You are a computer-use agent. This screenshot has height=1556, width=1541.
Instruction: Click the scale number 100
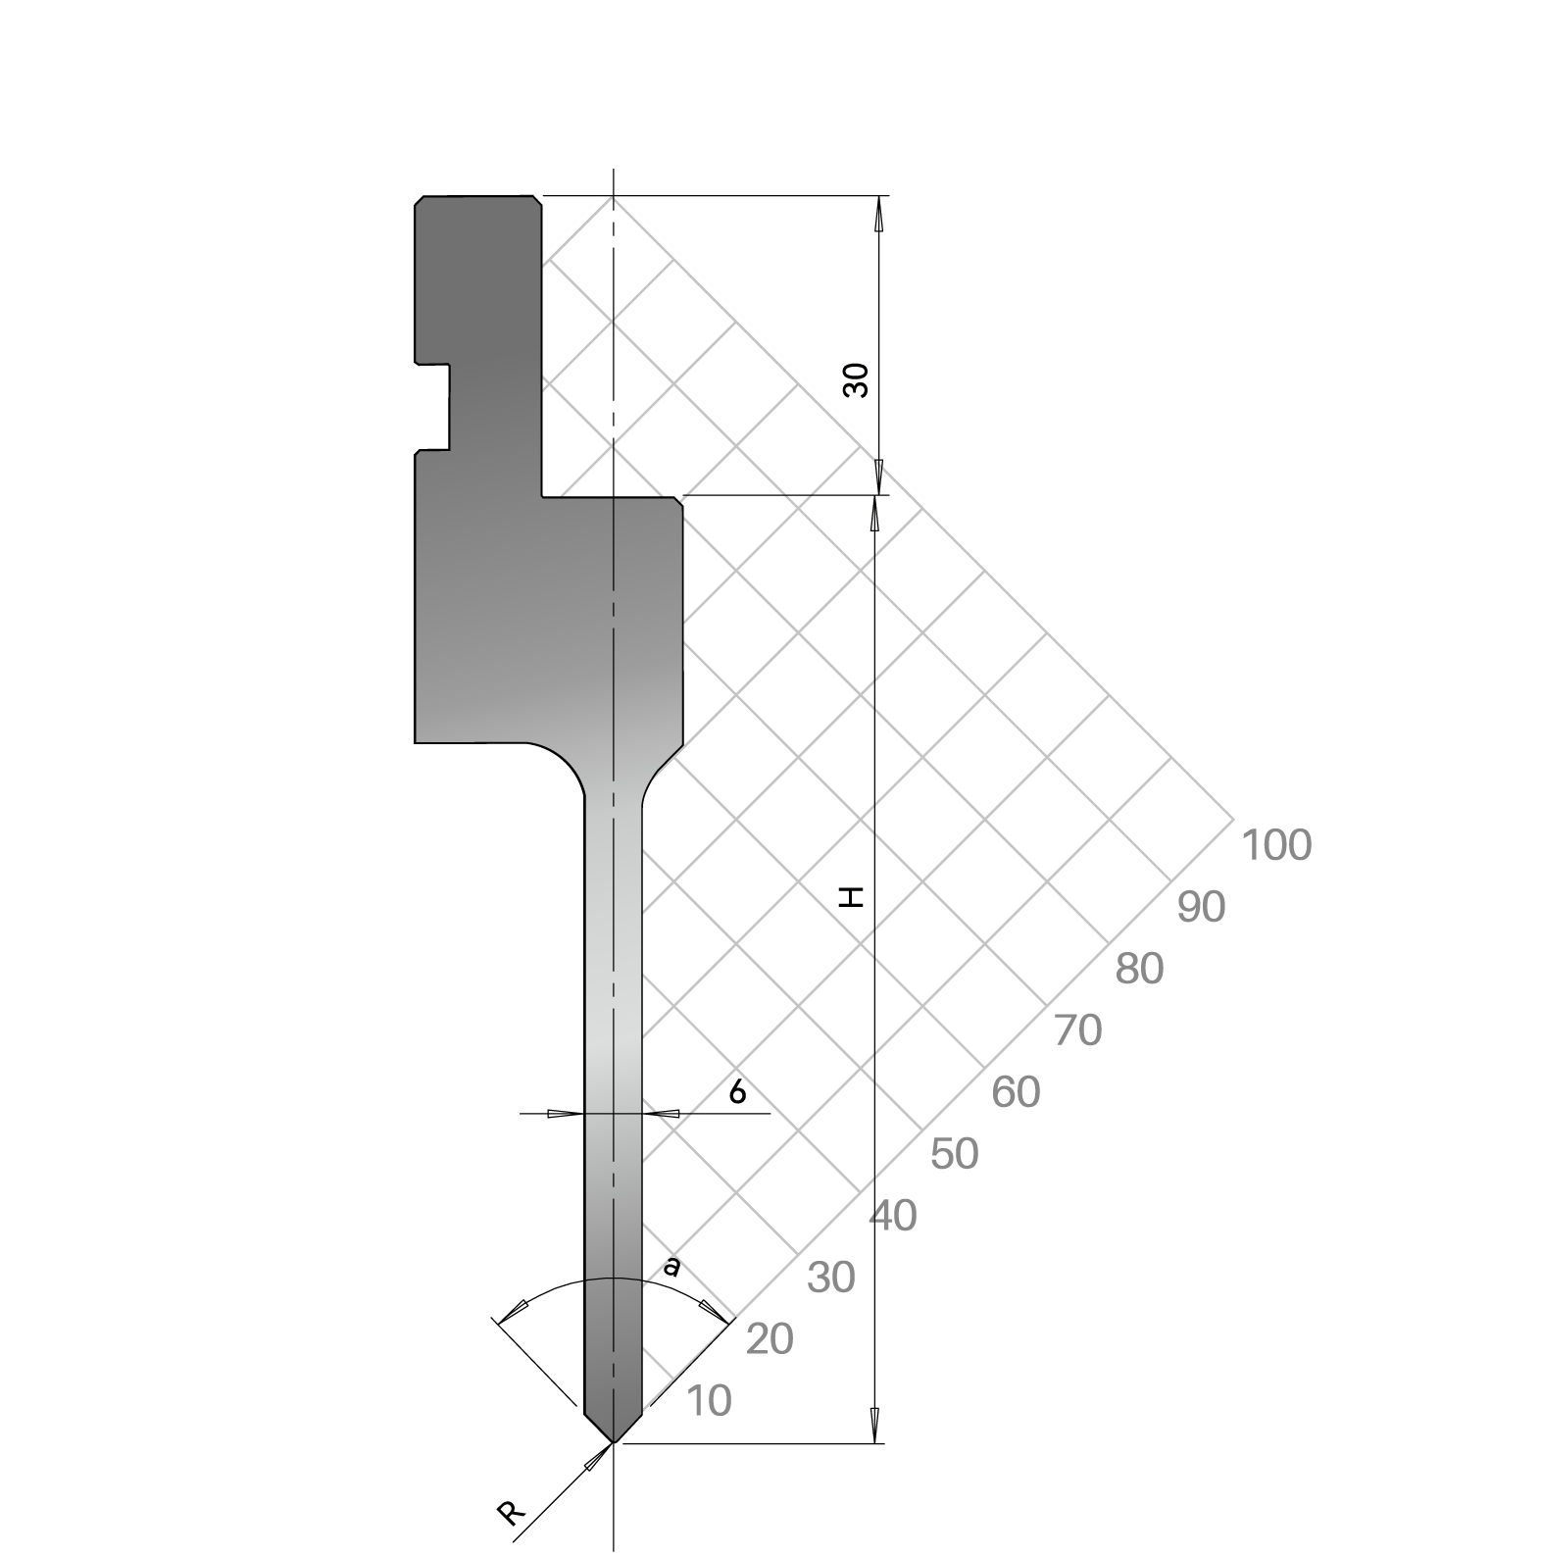(x=1275, y=845)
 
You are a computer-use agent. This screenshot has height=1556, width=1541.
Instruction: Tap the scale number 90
(x=1201, y=908)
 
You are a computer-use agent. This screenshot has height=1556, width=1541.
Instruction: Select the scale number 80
(x=1139, y=969)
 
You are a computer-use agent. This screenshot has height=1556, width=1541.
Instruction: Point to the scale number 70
(x=1077, y=1030)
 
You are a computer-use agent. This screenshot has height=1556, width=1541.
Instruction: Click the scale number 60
(x=1016, y=1092)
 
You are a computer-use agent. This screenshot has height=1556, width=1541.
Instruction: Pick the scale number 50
(x=954, y=1154)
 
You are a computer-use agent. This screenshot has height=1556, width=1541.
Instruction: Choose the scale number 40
(x=893, y=1216)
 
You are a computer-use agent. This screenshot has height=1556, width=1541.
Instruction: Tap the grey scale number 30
(x=831, y=1278)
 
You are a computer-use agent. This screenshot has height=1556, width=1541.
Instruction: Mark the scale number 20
(x=770, y=1339)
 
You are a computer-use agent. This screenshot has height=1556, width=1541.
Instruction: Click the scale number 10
(x=709, y=1401)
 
